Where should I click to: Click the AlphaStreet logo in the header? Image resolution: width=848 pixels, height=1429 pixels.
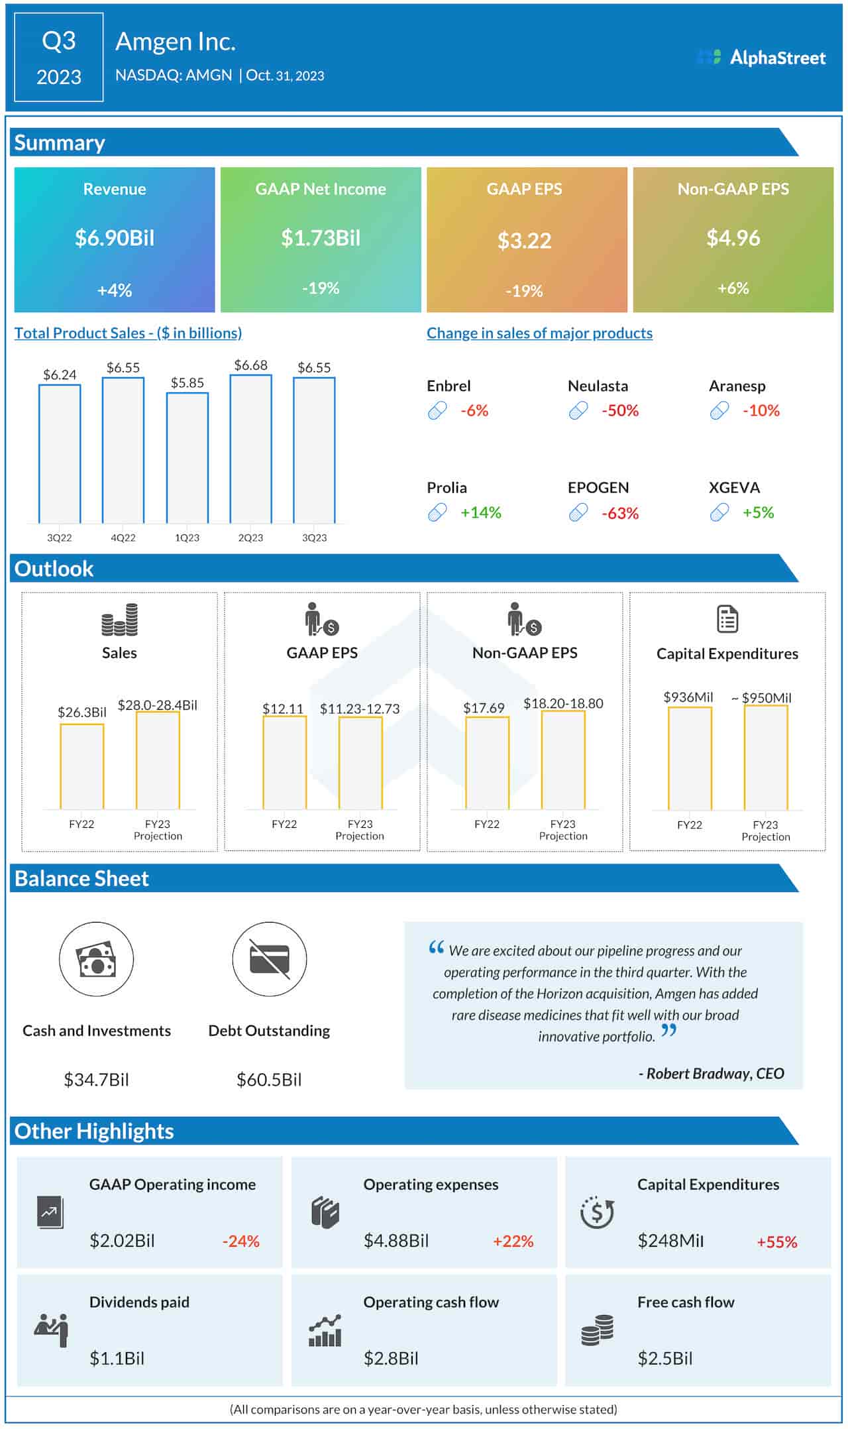(761, 58)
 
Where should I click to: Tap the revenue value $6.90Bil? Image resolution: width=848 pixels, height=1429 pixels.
(115, 238)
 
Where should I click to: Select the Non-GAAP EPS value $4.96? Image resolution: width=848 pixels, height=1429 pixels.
(733, 238)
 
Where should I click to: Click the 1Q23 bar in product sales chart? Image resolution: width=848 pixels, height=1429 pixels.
(187, 458)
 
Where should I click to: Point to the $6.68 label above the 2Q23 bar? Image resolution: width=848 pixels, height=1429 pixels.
(250, 365)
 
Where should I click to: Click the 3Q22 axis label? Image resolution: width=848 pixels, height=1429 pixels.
(60, 538)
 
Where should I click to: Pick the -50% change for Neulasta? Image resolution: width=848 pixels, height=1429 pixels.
(619, 411)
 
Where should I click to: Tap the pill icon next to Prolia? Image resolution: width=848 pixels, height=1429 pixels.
(437, 512)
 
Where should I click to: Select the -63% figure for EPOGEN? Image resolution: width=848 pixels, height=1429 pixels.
(619, 513)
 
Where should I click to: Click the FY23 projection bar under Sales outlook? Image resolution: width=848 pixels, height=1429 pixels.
(158, 760)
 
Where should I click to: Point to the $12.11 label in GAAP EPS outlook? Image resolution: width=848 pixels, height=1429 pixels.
(283, 709)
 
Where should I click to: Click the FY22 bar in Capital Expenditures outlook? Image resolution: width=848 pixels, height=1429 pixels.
(690, 758)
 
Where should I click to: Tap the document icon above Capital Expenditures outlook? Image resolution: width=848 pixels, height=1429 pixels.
(727, 619)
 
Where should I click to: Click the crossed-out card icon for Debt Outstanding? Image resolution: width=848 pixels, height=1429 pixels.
(269, 959)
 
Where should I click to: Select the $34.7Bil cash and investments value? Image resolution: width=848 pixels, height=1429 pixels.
(96, 1080)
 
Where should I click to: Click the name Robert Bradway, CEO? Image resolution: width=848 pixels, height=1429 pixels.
(711, 1073)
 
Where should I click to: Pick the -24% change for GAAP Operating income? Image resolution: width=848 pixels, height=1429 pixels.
(240, 1241)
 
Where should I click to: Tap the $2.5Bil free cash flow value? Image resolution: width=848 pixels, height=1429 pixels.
(664, 1358)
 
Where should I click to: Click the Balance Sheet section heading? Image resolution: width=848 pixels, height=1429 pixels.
(81, 878)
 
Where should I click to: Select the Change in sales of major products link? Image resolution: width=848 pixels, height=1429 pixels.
(539, 333)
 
